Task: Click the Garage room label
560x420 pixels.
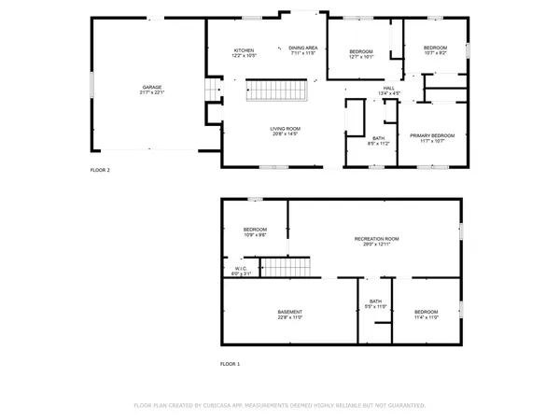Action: tap(151, 87)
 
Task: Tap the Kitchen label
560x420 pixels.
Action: tap(244, 49)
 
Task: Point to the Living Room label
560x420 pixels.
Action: tap(285, 129)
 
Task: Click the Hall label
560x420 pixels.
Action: tap(388, 89)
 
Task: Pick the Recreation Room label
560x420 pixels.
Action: tap(376, 239)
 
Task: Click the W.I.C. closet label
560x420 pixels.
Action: tap(241, 269)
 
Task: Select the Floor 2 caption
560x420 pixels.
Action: tap(100, 171)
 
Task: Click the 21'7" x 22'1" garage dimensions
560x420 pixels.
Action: tap(151, 92)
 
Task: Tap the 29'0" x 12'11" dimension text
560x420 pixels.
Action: tap(376, 245)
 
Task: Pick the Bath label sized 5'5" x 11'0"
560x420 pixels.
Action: tap(375, 301)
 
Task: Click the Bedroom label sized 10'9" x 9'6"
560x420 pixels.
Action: tap(256, 230)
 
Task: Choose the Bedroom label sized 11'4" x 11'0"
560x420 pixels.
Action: tap(426, 311)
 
